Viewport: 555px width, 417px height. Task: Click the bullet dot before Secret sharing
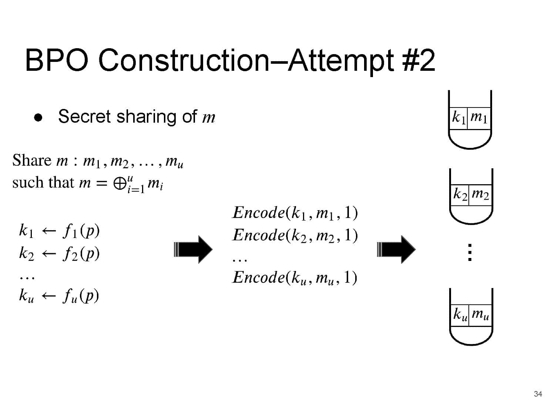coord(38,118)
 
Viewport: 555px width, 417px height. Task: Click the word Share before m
coord(31,160)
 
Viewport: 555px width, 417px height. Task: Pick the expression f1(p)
coord(81,231)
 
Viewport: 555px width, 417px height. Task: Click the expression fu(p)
coord(81,296)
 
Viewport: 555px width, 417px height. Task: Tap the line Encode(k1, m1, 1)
coord(295,213)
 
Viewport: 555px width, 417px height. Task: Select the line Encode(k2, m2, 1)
coord(295,235)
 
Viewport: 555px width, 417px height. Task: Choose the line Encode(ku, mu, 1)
coord(295,277)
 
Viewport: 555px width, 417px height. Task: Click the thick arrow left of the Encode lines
coord(193,249)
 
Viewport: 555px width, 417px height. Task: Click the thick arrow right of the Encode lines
coord(396,249)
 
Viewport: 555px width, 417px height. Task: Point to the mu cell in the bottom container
coord(481,315)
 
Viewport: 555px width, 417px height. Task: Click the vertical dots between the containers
coord(469,252)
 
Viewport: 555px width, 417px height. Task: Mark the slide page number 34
coord(538,394)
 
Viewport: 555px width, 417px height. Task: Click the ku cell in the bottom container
coord(460,315)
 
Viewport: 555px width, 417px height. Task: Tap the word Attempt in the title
coord(340,60)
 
